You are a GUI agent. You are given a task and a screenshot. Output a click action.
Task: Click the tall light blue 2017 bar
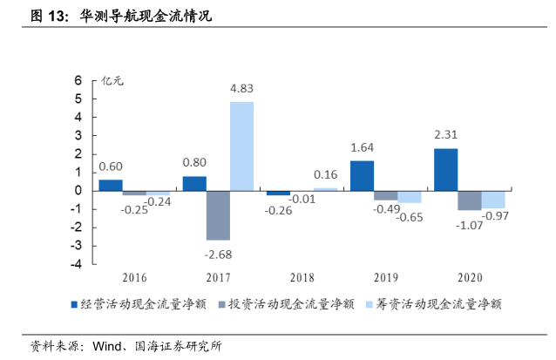(x=241, y=146)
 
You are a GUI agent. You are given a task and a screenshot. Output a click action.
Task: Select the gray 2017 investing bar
(x=218, y=214)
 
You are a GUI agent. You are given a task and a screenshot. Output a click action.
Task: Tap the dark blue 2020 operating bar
(x=445, y=169)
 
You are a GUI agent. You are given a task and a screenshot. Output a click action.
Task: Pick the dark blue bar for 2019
(x=362, y=175)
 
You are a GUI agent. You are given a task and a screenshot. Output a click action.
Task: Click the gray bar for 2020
(x=469, y=200)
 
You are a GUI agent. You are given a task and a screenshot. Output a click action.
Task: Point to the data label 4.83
(x=241, y=88)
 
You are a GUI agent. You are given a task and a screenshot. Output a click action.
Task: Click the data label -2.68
(x=219, y=253)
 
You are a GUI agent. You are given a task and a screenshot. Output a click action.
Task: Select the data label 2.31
(x=445, y=134)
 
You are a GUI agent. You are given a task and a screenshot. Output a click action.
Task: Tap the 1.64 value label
(x=362, y=147)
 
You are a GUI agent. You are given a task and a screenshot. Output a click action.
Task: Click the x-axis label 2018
(x=302, y=278)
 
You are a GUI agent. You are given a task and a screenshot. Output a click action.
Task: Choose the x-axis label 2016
(x=134, y=278)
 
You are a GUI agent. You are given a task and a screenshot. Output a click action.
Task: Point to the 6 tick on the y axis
(x=78, y=80)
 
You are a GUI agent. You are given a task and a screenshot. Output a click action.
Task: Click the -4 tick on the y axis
(x=76, y=264)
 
